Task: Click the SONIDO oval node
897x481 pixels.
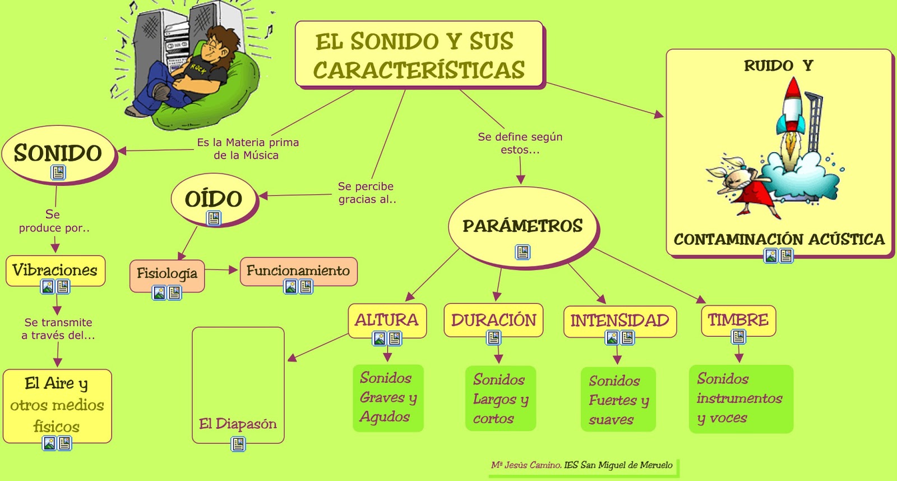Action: (x=58, y=153)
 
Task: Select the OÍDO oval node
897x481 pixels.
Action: (x=214, y=199)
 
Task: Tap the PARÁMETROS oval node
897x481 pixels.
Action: (x=523, y=226)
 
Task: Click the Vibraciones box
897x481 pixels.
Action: (x=55, y=271)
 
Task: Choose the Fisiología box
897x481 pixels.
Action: (x=167, y=274)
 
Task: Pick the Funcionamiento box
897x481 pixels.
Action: (x=298, y=271)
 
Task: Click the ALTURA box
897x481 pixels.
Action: (x=386, y=320)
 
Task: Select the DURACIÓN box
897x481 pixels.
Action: (x=493, y=320)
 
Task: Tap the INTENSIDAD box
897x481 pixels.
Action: (x=619, y=320)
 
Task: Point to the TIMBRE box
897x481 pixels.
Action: (x=738, y=320)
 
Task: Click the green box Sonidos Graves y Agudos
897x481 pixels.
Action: (x=388, y=398)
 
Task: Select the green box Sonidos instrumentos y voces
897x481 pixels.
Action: (x=740, y=398)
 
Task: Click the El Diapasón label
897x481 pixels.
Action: (x=238, y=424)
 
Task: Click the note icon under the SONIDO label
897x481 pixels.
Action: (x=58, y=172)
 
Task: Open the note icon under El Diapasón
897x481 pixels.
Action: (x=238, y=445)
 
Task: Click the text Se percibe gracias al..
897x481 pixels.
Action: (x=367, y=193)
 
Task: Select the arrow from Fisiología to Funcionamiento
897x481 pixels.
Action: (x=222, y=270)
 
